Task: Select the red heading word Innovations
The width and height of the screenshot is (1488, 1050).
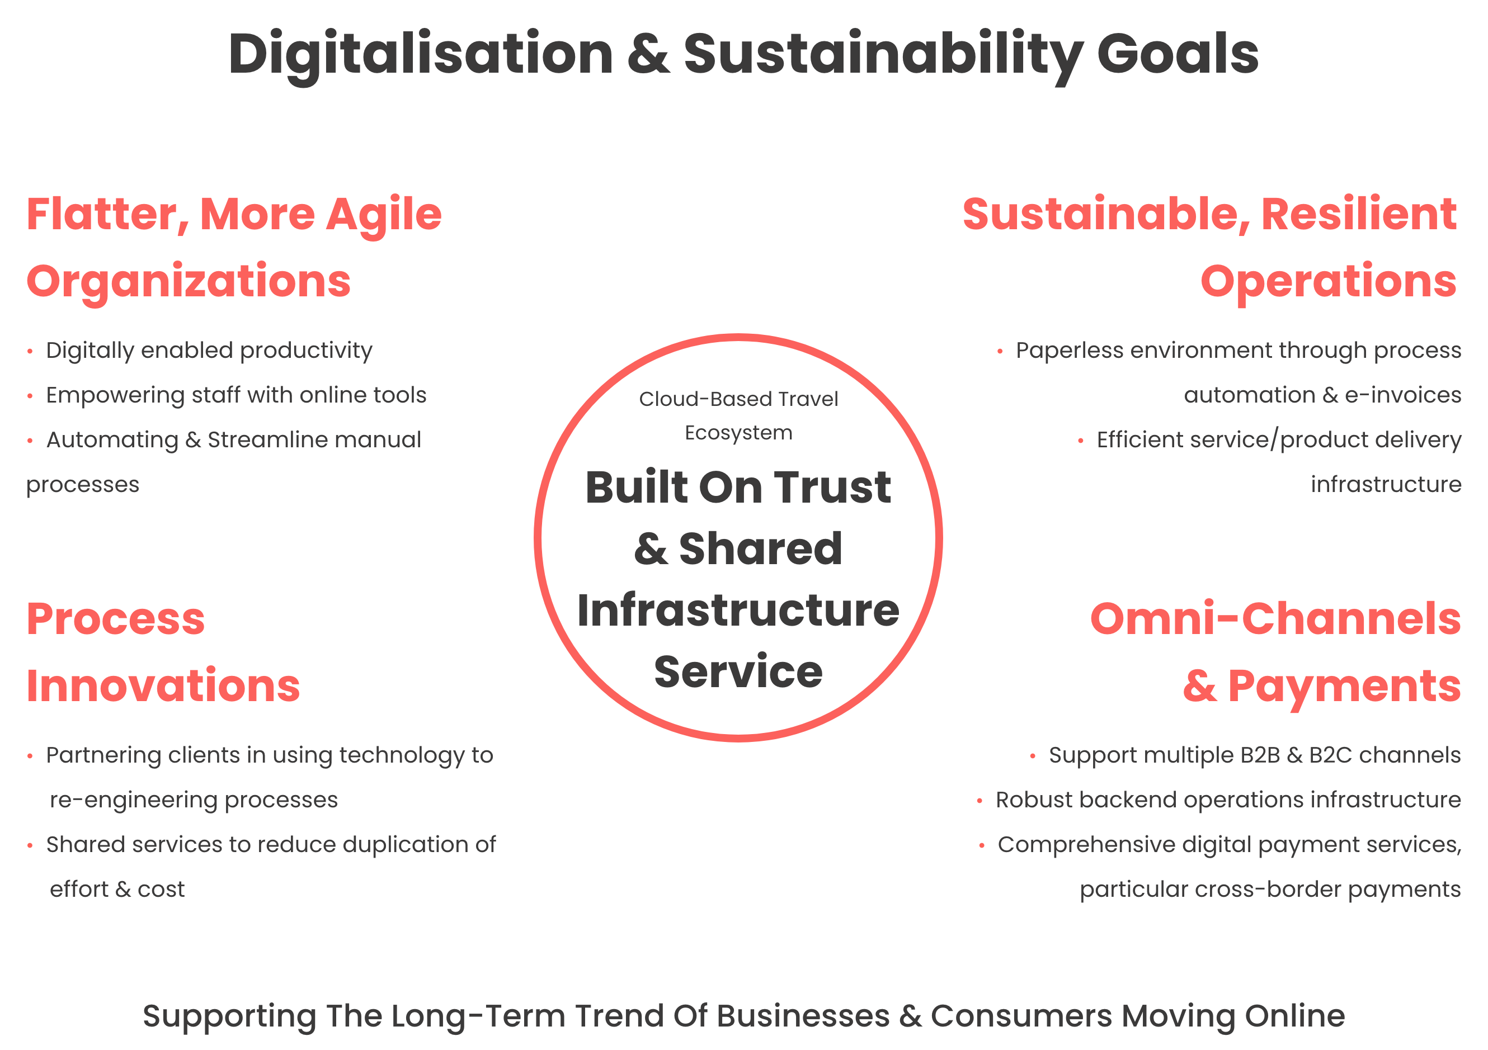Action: click(x=163, y=686)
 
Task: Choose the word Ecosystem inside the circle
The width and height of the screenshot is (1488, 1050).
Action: click(x=738, y=433)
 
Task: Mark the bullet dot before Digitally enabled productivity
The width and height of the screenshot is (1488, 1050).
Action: click(x=30, y=352)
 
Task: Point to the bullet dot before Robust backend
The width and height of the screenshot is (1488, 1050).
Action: click(x=980, y=801)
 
